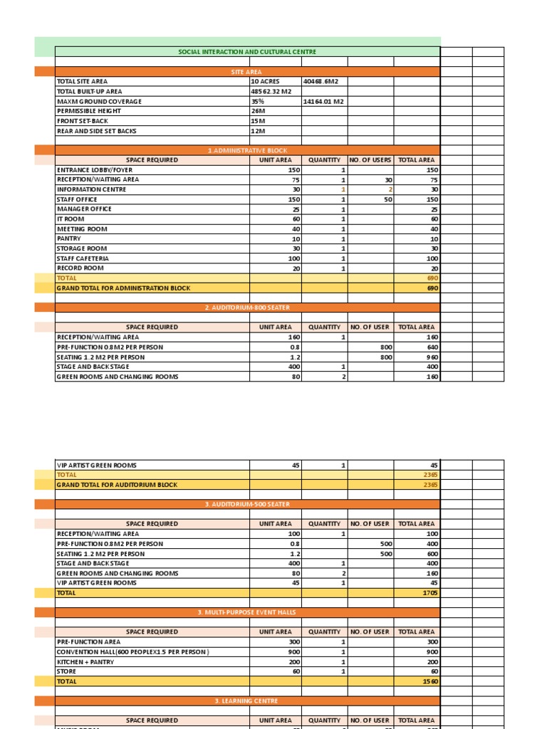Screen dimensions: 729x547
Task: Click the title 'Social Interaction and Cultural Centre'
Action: (x=247, y=52)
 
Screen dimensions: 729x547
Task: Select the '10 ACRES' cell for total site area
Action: (x=265, y=82)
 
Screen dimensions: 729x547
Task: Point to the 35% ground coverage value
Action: (x=257, y=102)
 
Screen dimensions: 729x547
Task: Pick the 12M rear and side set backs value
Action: (x=258, y=132)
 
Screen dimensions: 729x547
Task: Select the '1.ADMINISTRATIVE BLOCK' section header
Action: (x=247, y=150)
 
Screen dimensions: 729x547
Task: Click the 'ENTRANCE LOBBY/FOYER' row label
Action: (x=95, y=170)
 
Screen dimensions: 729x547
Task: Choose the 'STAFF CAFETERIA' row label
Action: (x=83, y=258)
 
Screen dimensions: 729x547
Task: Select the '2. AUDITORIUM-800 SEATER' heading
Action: (x=247, y=308)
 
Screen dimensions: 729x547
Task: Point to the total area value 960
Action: (x=431, y=357)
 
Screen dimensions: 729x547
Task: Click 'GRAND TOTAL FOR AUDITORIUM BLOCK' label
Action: (x=117, y=485)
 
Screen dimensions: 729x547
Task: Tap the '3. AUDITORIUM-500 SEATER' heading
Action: (x=247, y=504)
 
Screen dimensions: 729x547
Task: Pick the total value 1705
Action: (x=429, y=593)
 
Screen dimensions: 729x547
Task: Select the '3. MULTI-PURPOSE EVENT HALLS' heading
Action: (x=247, y=612)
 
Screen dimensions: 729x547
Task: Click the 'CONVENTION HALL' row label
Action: (x=132, y=652)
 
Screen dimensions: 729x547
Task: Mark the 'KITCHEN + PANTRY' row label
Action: (x=85, y=662)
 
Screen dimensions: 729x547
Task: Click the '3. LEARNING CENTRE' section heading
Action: (x=247, y=701)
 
